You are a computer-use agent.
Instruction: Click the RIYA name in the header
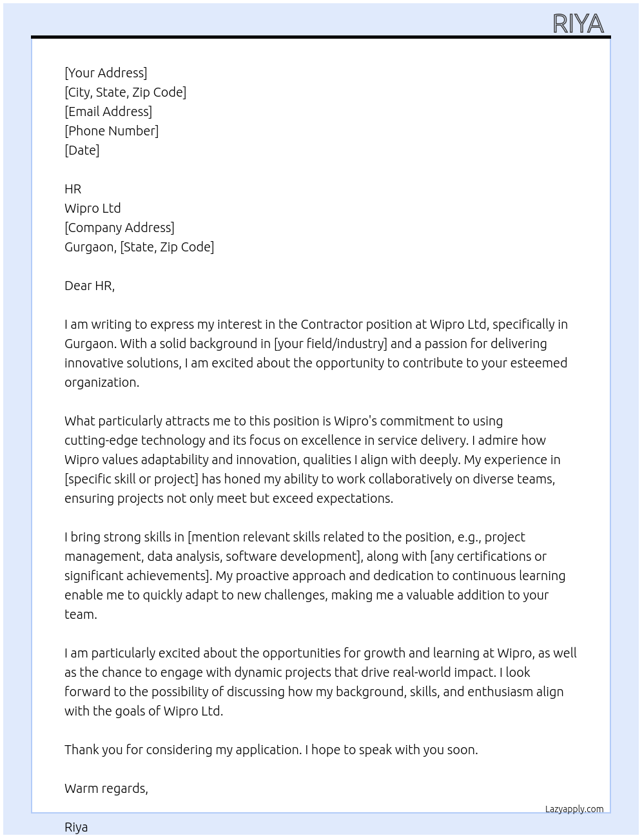click(x=578, y=24)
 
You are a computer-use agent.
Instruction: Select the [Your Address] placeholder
click(x=106, y=73)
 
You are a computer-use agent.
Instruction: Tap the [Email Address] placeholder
click(x=108, y=112)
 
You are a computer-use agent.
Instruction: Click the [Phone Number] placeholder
click(x=112, y=131)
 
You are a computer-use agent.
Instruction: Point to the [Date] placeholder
click(x=82, y=150)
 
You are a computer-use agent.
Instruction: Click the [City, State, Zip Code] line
click(x=125, y=92)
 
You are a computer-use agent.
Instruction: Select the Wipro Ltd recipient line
click(x=93, y=208)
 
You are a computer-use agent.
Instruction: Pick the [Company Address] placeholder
click(x=119, y=228)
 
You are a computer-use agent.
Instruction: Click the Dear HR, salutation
click(x=90, y=286)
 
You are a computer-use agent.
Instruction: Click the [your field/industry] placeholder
click(x=330, y=344)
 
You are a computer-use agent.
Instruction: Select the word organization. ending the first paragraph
click(x=102, y=382)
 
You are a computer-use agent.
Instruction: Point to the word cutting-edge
click(x=101, y=440)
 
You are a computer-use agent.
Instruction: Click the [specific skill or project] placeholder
click(x=131, y=479)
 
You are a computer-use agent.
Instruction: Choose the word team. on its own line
click(x=81, y=614)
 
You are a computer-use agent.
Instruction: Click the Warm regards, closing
click(x=106, y=788)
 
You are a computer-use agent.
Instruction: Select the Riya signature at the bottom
click(x=76, y=827)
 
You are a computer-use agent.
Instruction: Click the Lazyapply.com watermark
click(x=574, y=809)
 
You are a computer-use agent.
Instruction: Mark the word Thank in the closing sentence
click(x=83, y=750)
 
